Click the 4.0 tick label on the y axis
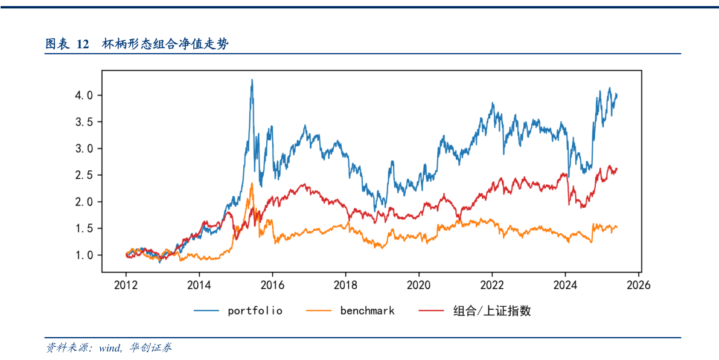pos(85,95)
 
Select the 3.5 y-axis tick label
pos(85,122)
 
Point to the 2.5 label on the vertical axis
pos(85,175)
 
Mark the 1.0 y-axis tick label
pos(85,255)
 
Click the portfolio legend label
pos(255,311)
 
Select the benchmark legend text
pos(367,311)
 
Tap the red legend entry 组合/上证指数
pos(492,311)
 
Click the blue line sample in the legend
pos(206,311)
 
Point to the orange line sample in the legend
pos(319,311)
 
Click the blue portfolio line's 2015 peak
pos(252,80)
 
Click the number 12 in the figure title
pos(83,44)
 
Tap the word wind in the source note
pos(110,348)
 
